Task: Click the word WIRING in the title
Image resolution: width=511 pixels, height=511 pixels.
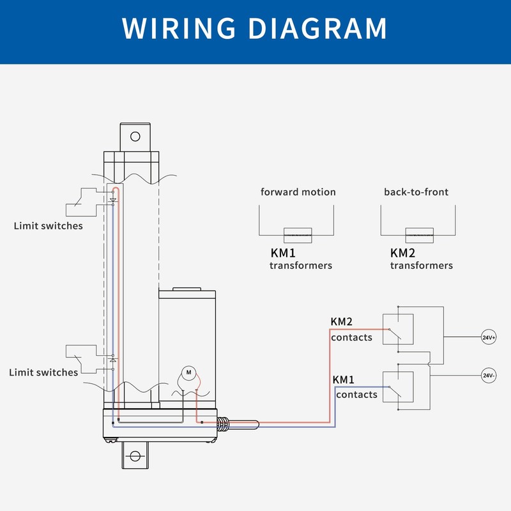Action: click(x=179, y=28)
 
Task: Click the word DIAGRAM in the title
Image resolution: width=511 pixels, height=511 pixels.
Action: click(x=317, y=28)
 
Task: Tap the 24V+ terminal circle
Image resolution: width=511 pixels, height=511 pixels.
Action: click(x=489, y=337)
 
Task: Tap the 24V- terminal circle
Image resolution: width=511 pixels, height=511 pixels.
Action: click(x=489, y=376)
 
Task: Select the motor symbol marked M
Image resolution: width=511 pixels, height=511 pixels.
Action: click(x=188, y=372)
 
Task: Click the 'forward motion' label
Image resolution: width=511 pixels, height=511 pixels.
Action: click(x=298, y=192)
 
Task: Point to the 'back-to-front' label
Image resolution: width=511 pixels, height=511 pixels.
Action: click(x=416, y=192)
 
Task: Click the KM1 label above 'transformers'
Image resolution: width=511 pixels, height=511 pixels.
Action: click(x=283, y=253)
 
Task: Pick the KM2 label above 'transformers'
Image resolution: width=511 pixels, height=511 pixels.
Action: click(x=403, y=253)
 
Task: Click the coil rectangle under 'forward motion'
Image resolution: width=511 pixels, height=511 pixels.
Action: click(x=298, y=235)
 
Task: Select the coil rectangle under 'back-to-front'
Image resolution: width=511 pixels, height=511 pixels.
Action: click(x=420, y=235)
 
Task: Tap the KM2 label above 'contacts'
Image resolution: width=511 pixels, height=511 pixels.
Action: click(x=342, y=322)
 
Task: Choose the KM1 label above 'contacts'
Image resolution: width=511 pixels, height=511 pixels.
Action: click(x=343, y=379)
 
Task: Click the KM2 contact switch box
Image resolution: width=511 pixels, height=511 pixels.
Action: click(x=398, y=329)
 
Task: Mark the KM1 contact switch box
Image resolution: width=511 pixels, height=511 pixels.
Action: click(x=398, y=387)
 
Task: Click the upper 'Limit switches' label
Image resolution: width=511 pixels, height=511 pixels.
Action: click(x=49, y=226)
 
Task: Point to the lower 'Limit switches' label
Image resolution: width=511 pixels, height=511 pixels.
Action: click(x=43, y=372)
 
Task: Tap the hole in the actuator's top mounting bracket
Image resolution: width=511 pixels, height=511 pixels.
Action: click(x=135, y=137)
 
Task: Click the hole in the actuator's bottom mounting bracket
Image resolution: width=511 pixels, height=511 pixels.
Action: click(x=135, y=456)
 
